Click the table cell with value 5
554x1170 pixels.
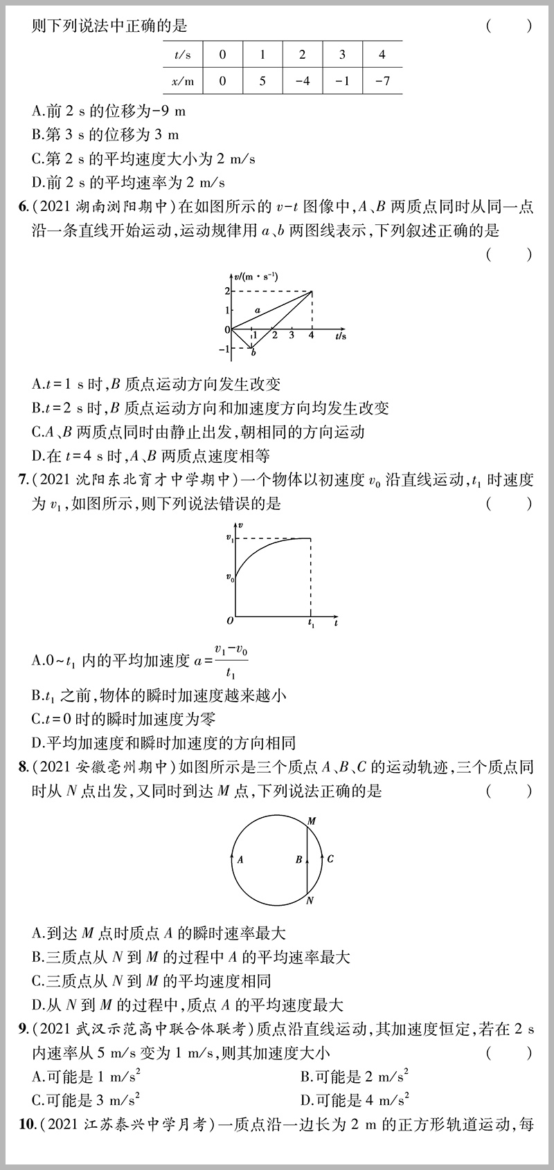262,80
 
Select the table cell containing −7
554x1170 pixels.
382,80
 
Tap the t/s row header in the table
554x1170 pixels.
183,55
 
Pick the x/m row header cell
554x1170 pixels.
183,80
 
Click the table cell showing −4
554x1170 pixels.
302,80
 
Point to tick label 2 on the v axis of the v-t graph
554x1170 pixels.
226,291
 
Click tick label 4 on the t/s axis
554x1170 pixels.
310,336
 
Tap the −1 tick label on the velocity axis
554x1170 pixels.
224,349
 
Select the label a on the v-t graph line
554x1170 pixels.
257,311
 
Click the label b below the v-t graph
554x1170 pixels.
253,354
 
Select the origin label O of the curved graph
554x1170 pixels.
230,619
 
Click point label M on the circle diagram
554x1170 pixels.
312,821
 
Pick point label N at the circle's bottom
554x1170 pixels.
310,900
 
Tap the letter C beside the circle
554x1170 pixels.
330,859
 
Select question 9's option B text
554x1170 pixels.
354,1076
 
